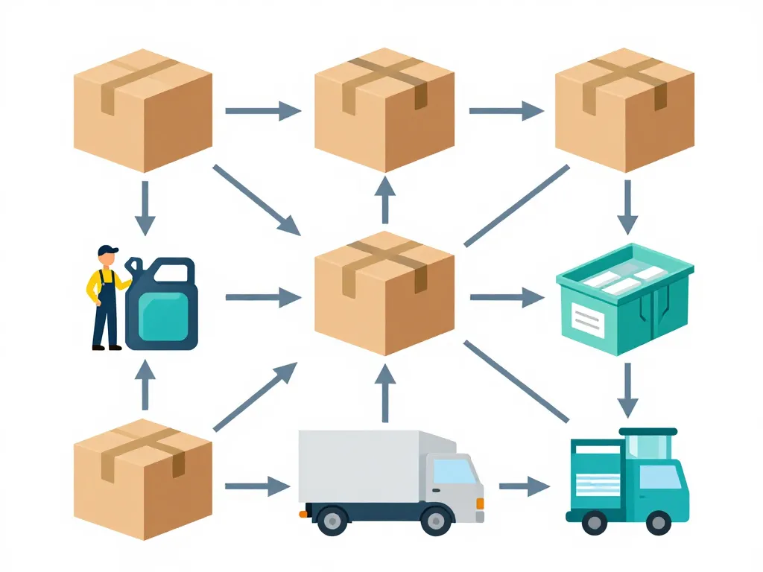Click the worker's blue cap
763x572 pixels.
click(x=108, y=250)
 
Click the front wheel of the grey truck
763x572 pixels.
click(x=434, y=520)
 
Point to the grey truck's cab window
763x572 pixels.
click(x=454, y=471)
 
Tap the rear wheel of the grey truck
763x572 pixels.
click(x=332, y=520)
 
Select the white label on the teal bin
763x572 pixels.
click(x=588, y=320)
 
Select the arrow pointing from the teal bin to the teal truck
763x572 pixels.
click(x=627, y=390)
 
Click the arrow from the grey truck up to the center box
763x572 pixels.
click(x=385, y=395)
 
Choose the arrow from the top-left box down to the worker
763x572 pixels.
click(x=145, y=207)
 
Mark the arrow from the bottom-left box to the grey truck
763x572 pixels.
click(x=257, y=487)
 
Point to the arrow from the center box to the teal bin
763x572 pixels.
click(x=507, y=298)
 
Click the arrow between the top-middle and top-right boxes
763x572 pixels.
click(x=506, y=112)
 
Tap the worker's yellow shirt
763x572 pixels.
click(x=97, y=284)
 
